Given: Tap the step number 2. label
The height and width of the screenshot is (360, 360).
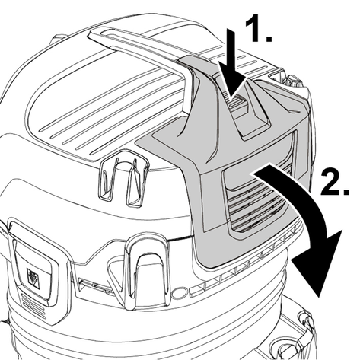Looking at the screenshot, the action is [x=335, y=182].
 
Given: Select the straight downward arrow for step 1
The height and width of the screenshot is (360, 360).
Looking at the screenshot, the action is [x=233, y=63].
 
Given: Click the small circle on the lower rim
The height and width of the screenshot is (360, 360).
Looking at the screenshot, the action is [x=179, y=292].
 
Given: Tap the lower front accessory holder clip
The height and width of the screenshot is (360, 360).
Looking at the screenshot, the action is [x=147, y=274].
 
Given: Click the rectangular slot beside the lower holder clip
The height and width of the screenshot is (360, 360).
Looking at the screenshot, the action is [x=94, y=285].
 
